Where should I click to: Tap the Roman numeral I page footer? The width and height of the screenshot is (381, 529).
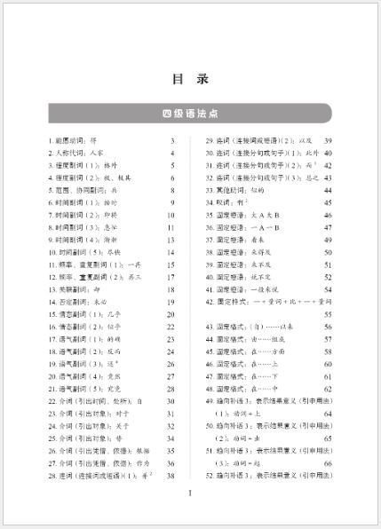tap(190, 506)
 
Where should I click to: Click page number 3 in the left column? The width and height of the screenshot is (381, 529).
tap(172, 141)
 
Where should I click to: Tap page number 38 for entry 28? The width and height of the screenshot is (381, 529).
tap(171, 477)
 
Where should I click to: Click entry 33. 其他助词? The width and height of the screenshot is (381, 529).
tap(240, 191)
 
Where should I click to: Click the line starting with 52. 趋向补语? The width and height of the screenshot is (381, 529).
tap(274, 477)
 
